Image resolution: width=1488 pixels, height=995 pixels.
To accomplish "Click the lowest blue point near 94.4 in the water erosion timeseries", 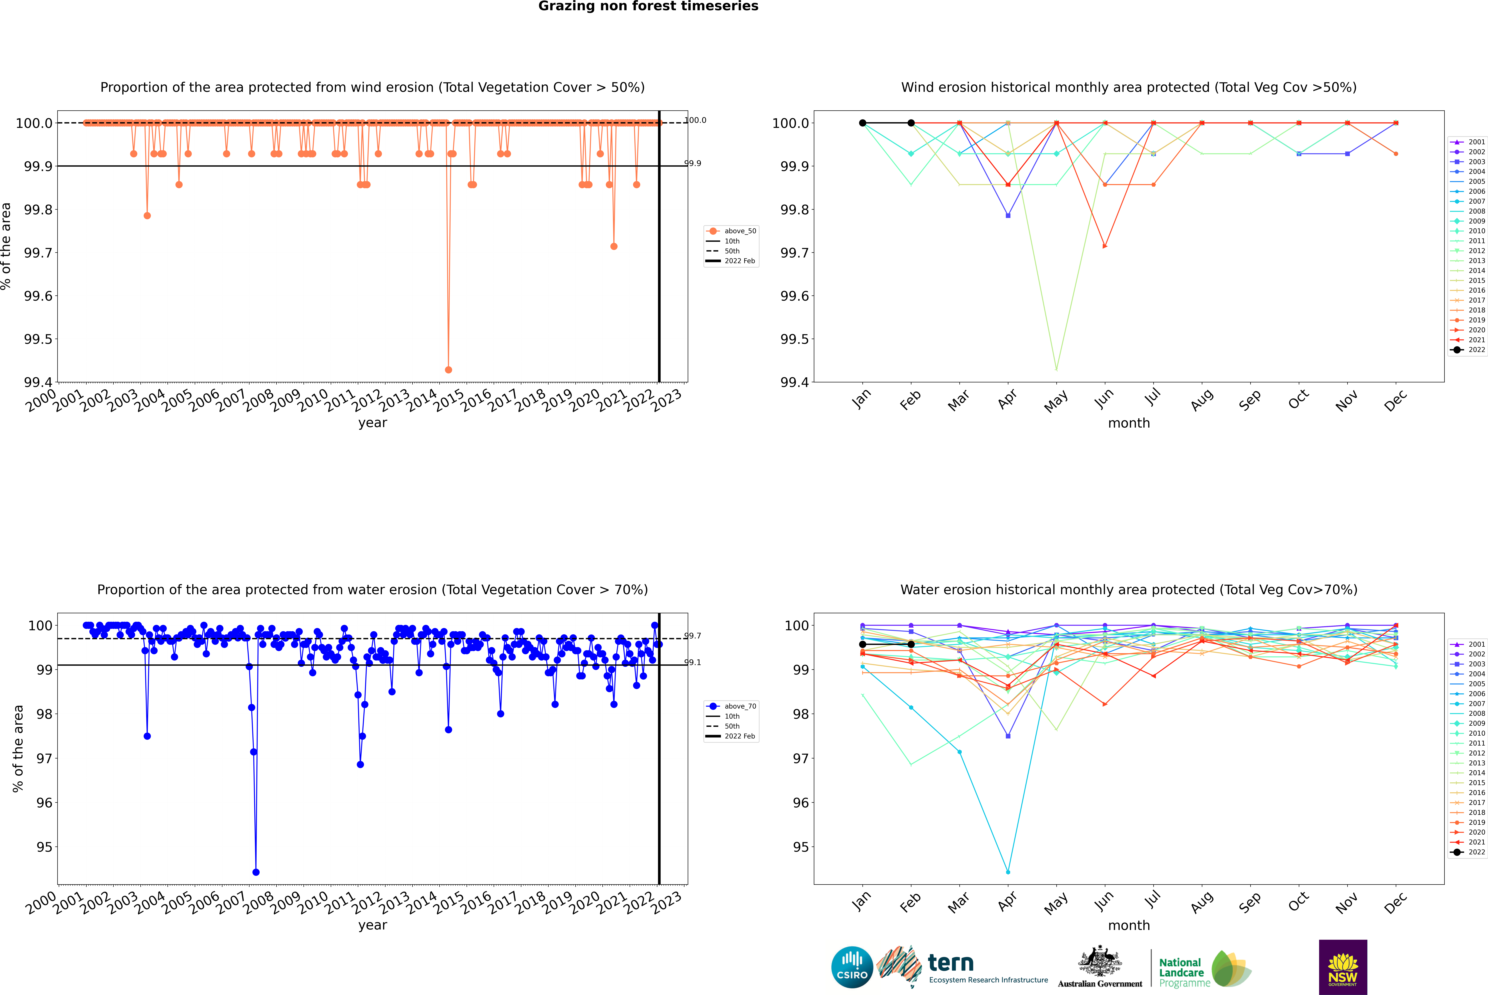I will pos(256,872).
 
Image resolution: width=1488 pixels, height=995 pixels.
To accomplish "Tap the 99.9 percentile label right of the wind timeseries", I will pos(693,163).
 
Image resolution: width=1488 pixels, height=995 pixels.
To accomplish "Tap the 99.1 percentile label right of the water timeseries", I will pos(693,663).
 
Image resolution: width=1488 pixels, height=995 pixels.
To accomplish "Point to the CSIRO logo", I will pos(852,967).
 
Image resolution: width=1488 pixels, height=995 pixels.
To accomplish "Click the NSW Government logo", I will pos(1343,967).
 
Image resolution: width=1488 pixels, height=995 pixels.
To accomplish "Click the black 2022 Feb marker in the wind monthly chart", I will pos(911,123).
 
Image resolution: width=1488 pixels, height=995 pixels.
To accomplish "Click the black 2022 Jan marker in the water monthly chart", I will pos(863,644).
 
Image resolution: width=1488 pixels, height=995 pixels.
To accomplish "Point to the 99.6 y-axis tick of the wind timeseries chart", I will pos(38,296).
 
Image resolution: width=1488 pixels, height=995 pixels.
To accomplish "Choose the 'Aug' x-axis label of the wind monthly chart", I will pos(1201,400).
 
